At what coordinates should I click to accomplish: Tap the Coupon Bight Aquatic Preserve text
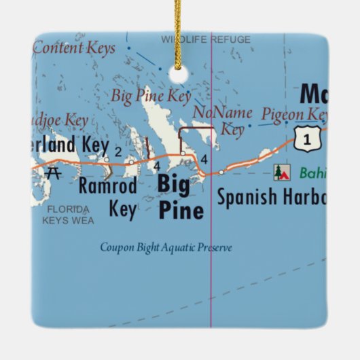(x=166, y=248)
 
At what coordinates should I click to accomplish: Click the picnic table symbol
(x=55, y=173)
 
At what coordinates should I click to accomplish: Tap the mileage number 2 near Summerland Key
(x=118, y=151)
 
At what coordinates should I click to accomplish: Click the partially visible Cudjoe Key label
(x=60, y=121)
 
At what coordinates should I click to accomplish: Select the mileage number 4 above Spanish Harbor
(x=204, y=159)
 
